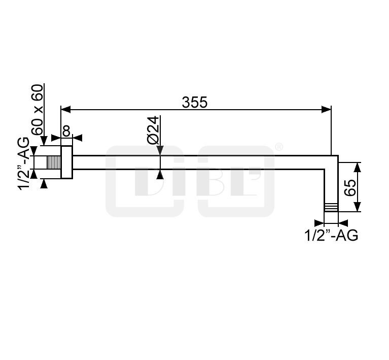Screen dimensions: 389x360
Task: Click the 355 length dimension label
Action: click(195, 103)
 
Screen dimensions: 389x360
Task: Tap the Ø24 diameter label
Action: click(153, 130)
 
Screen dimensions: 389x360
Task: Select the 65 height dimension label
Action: click(350, 187)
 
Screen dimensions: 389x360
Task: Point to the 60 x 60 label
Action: click(38, 110)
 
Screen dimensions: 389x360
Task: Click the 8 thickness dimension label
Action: click(66, 130)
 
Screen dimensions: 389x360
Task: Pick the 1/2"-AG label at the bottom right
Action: click(331, 235)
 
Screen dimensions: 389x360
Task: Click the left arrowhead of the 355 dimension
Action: click(66, 109)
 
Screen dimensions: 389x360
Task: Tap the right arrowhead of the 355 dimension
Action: click(326, 109)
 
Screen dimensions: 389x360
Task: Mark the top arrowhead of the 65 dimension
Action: click(357, 167)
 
